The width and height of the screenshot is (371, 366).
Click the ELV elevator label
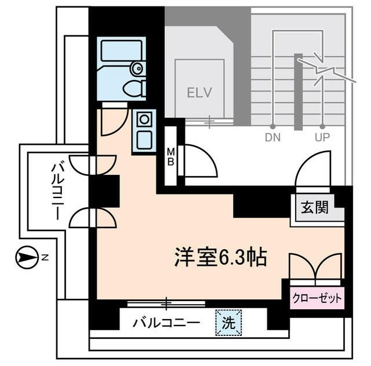click(x=199, y=92)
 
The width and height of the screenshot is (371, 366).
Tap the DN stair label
click(x=272, y=138)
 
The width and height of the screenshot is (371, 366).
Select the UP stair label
click(x=322, y=138)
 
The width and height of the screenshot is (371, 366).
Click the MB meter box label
click(x=172, y=156)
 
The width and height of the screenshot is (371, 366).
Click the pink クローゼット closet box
click(x=317, y=299)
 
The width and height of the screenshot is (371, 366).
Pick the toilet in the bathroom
click(x=134, y=89)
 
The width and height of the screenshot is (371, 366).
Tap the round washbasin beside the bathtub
click(x=137, y=69)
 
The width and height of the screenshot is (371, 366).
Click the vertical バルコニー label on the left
click(x=57, y=191)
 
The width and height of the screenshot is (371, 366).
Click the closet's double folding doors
click(x=316, y=266)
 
